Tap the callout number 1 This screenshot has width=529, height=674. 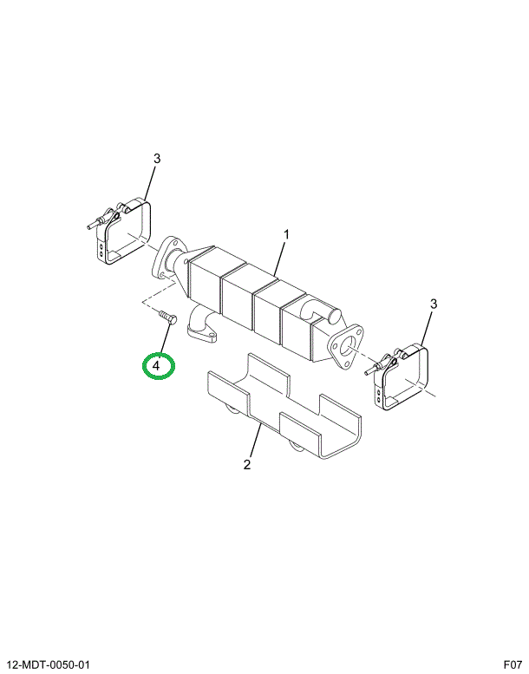click(x=286, y=235)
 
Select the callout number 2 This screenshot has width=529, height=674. click(x=246, y=465)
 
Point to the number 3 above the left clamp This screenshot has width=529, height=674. click(x=157, y=159)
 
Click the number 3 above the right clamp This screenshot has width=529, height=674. click(x=434, y=304)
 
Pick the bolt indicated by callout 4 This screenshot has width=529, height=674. click(x=167, y=318)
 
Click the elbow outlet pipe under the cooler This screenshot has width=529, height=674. click(x=202, y=328)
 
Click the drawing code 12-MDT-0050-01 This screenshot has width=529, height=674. click(x=49, y=665)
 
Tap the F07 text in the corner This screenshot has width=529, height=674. click(x=513, y=665)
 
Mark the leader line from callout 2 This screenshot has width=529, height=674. click(x=255, y=441)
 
